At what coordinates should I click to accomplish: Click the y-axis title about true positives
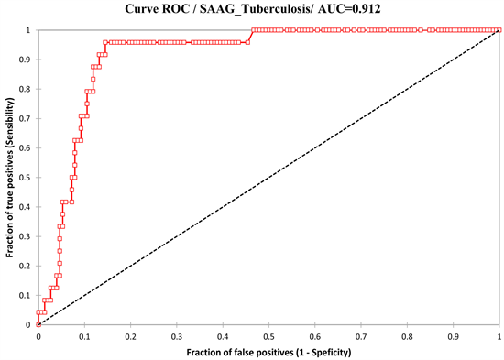pos(10,177)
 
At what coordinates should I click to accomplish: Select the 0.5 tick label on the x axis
pos(268,336)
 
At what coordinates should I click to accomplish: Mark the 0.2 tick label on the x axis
pos(129,336)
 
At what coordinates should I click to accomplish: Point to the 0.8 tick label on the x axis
pos(406,336)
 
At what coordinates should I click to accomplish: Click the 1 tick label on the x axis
pos(499,336)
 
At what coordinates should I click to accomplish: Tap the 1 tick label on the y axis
pos(30,30)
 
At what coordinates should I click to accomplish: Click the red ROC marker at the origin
pos(38,324)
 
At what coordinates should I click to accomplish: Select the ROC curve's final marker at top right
pos(499,30)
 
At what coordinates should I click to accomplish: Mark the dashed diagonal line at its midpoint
pos(268,178)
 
